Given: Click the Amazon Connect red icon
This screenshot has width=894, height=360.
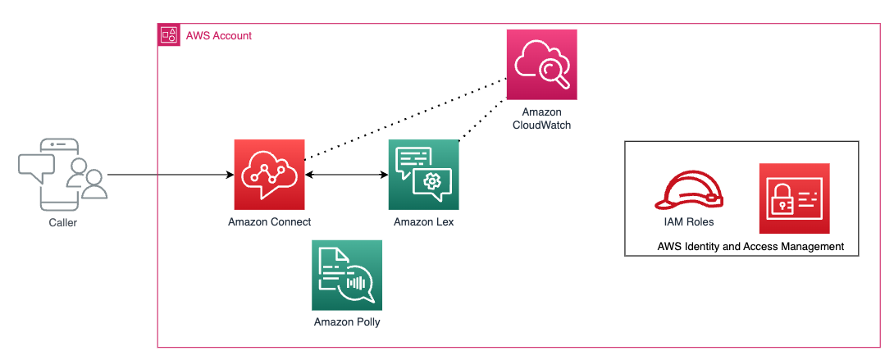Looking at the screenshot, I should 268,175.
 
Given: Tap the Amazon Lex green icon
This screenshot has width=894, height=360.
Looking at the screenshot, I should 423,175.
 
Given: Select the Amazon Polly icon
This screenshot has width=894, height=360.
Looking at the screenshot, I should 347,275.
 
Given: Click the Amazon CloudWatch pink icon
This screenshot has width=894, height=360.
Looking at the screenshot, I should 541,64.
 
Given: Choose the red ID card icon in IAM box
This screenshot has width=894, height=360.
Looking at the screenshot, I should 794,198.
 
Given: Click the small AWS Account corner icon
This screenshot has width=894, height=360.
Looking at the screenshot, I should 168,35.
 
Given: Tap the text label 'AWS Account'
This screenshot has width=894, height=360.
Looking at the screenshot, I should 219,36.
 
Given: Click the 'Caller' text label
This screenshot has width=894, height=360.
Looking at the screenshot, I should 62,222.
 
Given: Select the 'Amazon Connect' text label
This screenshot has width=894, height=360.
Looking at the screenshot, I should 269,222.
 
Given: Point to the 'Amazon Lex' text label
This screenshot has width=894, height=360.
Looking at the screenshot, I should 423,222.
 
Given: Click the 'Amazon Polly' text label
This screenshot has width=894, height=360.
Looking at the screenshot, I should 347,322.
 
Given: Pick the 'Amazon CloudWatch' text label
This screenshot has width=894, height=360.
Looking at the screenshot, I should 541,119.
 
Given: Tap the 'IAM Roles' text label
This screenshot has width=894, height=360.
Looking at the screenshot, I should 689,221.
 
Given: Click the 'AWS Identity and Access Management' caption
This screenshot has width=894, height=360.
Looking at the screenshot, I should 750,246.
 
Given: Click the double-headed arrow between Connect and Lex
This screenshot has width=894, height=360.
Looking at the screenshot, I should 345,175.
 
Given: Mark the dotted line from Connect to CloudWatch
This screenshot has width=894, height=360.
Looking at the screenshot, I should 402,119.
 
